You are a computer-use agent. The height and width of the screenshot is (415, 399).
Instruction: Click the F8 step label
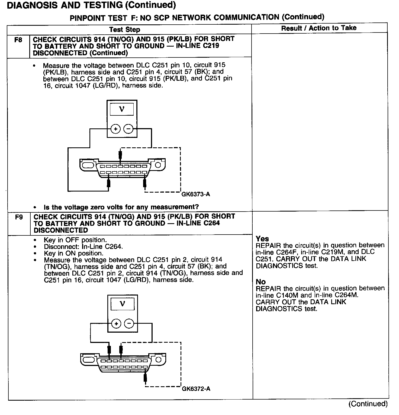point(18,40)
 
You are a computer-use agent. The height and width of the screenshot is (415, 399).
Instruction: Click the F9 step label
point(19,217)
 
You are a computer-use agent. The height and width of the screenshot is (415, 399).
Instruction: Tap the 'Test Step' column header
point(125,30)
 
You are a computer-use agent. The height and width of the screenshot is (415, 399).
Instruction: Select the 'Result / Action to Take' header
point(319,28)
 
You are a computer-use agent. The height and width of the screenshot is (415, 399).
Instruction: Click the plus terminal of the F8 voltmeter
point(116,129)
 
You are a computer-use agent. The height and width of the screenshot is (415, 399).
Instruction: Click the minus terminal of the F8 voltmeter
point(128,129)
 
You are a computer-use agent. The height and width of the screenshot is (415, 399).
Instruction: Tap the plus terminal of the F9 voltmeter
point(117,323)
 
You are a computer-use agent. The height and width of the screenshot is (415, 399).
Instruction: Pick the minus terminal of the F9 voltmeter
point(129,323)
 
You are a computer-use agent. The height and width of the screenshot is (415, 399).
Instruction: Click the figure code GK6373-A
point(196,194)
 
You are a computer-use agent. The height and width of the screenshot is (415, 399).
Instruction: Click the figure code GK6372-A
point(196,389)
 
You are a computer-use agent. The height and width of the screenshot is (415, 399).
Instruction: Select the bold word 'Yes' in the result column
point(262,239)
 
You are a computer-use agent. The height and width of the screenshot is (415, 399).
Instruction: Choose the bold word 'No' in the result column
point(261,282)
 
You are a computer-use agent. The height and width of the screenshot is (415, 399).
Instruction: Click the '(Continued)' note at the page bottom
point(368,404)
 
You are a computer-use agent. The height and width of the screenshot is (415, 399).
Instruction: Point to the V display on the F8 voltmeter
point(122,109)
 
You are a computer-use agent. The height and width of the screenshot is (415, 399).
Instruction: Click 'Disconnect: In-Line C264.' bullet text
point(83,247)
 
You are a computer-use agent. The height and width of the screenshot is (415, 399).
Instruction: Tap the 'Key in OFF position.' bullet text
point(75,240)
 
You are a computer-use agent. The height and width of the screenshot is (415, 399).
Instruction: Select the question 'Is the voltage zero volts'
point(121,207)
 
